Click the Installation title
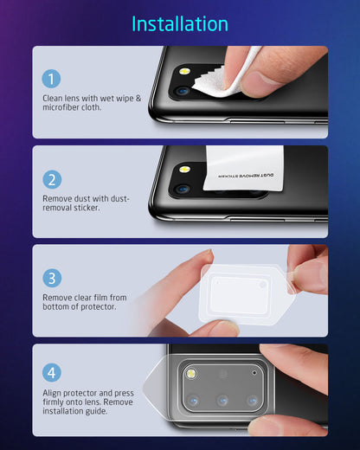click(x=180, y=23)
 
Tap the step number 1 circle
click(x=53, y=80)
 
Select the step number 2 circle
click(x=53, y=179)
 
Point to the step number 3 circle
click(x=53, y=279)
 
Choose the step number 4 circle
click(x=53, y=373)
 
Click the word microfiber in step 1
click(x=63, y=106)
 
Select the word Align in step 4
click(x=53, y=392)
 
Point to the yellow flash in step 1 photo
click(x=184, y=70)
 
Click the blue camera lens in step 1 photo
click(x=183, y=90)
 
